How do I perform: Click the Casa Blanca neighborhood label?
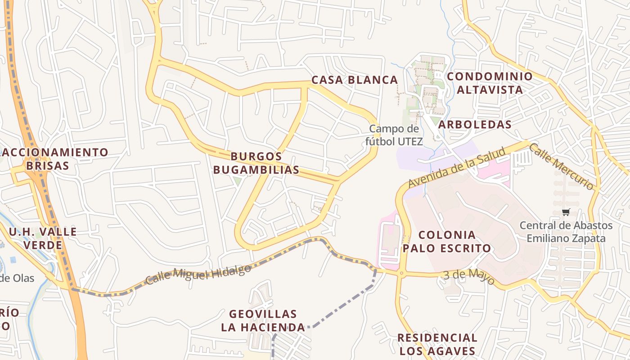click(355, 80)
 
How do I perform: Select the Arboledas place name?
click(475, 125)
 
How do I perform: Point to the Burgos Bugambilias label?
click(256, 163)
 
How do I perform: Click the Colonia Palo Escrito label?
click(446, 242)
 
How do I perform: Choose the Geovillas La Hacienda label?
click(263, 320)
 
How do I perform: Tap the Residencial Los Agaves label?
click(437, 344)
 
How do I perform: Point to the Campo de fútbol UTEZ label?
click(393, 135)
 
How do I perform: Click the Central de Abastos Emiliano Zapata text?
click(566, 232)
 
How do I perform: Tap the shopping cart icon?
click(566, 212)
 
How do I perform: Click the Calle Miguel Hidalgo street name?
click(198, 274)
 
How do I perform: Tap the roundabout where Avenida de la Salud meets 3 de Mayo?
click(401, 273)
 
